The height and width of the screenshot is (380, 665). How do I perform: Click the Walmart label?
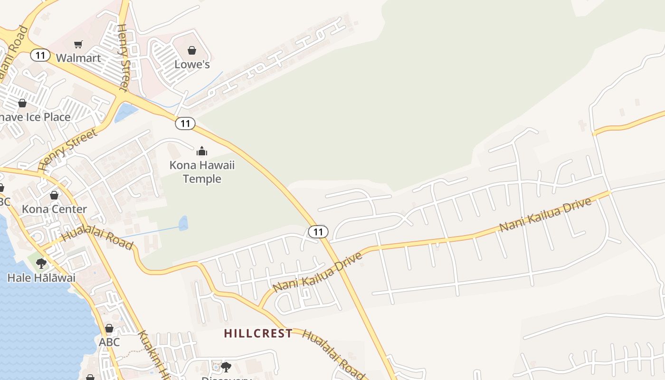click(78, 58)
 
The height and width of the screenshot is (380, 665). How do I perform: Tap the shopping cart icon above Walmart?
click(78, 44)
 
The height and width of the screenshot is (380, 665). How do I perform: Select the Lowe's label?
click(192, 64)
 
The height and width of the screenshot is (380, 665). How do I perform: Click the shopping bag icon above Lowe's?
click(192, 50)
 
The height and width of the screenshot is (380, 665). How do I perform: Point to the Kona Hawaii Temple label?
click(202, 172)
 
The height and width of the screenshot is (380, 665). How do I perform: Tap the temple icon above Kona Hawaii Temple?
click(202, 152)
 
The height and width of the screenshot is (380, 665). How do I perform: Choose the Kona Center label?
click(54, 209)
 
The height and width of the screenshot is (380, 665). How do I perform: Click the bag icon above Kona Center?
click(54, 195)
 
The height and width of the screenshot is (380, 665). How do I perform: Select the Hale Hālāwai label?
click(41, 278)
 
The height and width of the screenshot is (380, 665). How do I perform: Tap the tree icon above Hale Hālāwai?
click(41, 263)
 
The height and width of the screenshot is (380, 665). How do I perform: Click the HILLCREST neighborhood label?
click(258, 333)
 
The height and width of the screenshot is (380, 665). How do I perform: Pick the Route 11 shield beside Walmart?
click(40, 55)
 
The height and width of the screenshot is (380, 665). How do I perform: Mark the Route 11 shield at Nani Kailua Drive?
click(318, 232)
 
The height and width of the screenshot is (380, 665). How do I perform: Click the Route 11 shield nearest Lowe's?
click(185, 123)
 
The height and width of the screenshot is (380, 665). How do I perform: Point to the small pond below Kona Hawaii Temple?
click(183, 223)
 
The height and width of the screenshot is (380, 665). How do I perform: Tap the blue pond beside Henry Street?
click(125, 113)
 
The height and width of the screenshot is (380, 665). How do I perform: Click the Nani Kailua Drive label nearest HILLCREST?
click(317, 272)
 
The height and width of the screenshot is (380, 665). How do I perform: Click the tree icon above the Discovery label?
click(226, 367)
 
